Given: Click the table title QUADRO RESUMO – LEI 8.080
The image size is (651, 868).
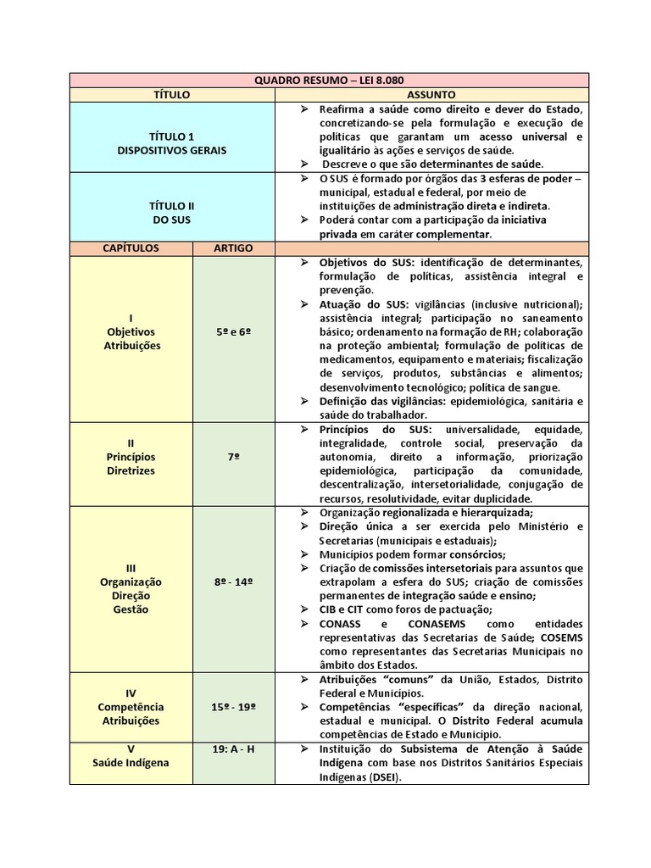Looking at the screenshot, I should click(x=325, y=81).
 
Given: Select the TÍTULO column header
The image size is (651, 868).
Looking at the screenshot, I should click(x=171, y=95).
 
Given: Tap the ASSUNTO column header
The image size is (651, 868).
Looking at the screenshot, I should click(x=431, y=95).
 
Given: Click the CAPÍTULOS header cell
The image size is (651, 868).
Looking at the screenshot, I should click(x=131, y=248).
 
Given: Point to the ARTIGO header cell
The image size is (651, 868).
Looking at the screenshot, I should click(x=233, y=248).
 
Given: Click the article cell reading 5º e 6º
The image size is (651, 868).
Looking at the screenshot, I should click(x=233, y=332).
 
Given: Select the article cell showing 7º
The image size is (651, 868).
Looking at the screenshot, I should click(x=233, y=457).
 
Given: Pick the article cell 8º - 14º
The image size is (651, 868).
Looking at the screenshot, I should click(x=233, y=582).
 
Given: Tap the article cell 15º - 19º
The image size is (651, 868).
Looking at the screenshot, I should click(x=233, y=707).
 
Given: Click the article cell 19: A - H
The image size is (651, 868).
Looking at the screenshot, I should click(x=233, y=749).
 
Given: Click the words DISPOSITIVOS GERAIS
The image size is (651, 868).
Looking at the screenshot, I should click(x=172, y=150).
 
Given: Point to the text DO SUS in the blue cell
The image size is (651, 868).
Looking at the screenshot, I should click(x=172, y=220).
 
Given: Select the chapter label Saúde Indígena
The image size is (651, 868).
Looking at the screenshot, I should click(x=131, y=763).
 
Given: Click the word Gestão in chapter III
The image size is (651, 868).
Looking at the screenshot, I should click(x=131, y=609).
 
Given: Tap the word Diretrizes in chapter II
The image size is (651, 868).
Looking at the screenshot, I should click(x=131, y=470).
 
